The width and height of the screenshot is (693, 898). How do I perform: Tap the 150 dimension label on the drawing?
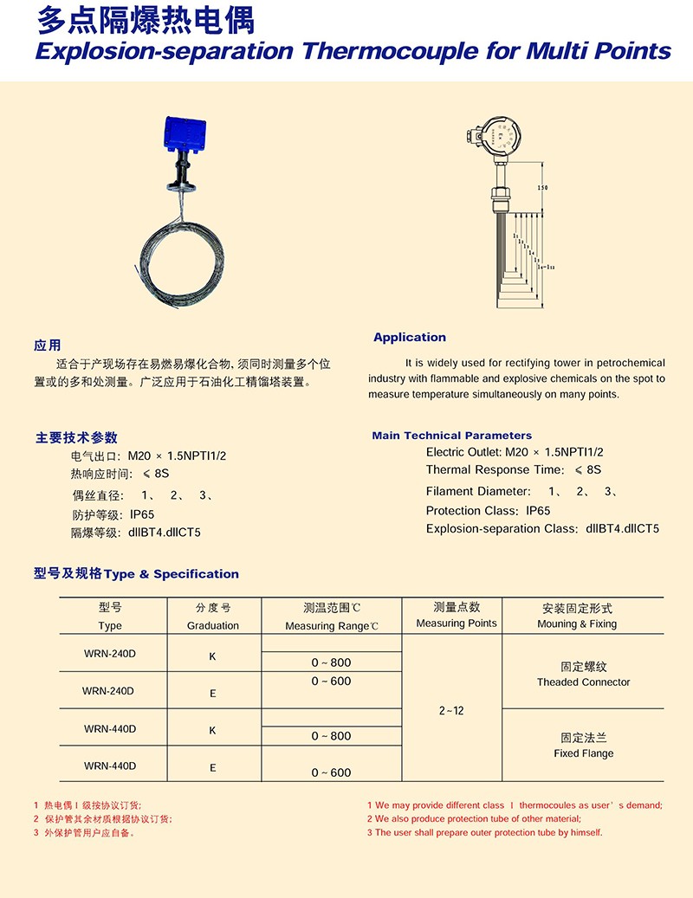[x=542, y=188]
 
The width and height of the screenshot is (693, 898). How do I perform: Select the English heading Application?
[x=410, y=338]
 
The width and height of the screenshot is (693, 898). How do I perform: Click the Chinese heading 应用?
[x=48, y=346]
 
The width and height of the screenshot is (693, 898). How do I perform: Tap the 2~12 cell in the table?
[x=451, y=711]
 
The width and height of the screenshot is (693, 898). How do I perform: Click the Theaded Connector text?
[x=584, y=682]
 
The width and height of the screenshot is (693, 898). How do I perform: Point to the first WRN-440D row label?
[x=110, y=729]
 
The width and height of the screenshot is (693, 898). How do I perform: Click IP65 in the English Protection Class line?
[x=538, y=511]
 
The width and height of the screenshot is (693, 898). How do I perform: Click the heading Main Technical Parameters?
[x=452, y=436]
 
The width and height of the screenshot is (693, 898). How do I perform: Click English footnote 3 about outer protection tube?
[x=484, y=832]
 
